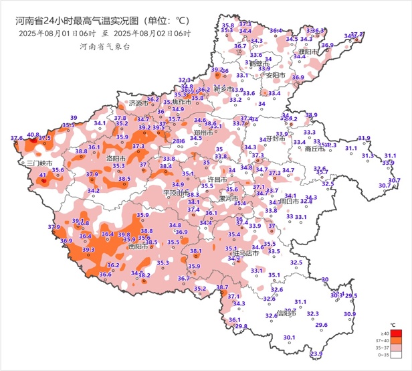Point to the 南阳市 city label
[x=138, y=246]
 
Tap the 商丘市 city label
[x=314, y=149]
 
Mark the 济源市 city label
[x=138, y=104]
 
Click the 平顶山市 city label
[x=177, y=193]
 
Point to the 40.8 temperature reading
[x=33, y=135]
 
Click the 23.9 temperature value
[x=316, y=354]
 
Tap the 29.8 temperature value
[x=241, y=326]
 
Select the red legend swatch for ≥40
[x=397, y=333]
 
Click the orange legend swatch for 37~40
[x=397, y=341]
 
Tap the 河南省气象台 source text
[x=104, y=46]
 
